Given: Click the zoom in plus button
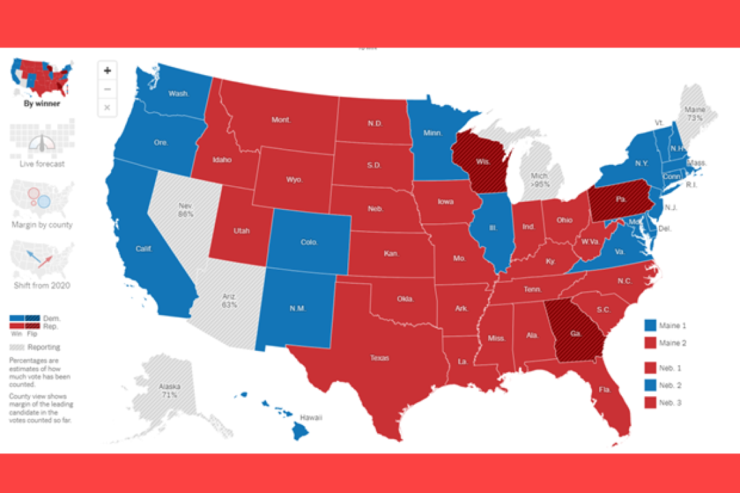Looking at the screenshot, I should click(107, 71).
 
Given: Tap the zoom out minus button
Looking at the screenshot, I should click(107, 89).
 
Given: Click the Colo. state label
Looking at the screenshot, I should click(309, 242).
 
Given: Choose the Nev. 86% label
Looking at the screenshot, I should click(186, 210).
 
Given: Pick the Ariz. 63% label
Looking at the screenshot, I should click(229, 300).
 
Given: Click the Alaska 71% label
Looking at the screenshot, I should click(169, 391).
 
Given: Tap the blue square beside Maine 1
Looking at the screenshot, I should click(649, 325).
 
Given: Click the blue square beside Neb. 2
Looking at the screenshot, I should click(649, 385).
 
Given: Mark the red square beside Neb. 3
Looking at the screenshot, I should click(649, 403).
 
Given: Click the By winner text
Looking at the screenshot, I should click(42, 103).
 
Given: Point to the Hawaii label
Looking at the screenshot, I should click(312, 417).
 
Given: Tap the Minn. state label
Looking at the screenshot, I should click(433, 134).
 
